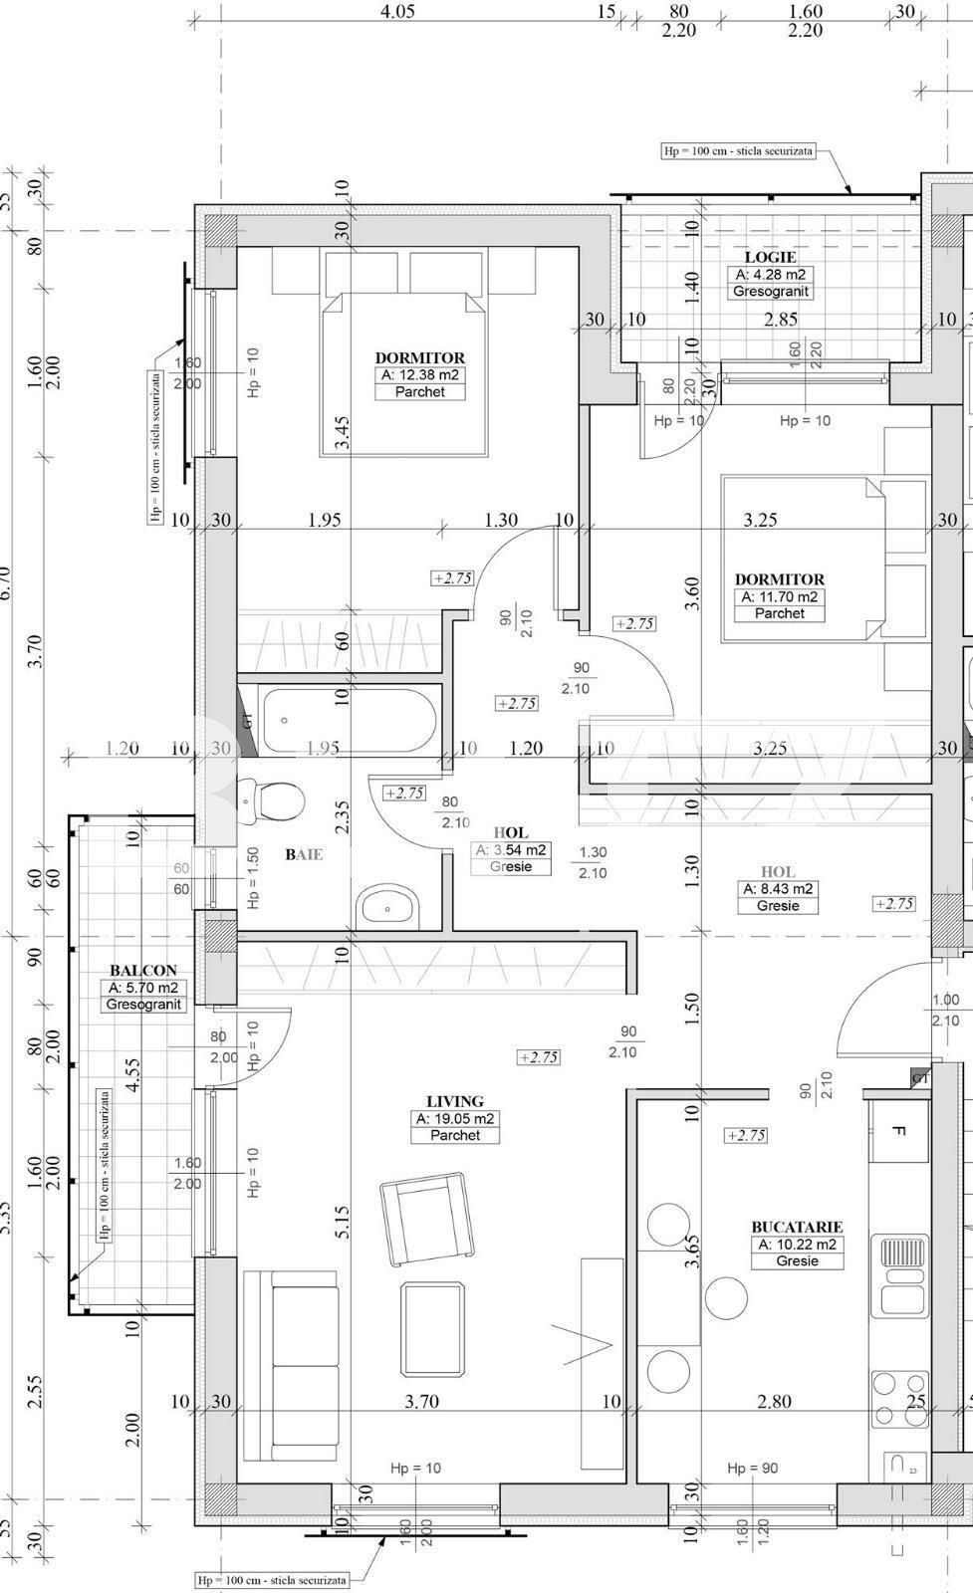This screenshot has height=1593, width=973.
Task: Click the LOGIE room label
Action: pyautogui.click(x=771, y=257)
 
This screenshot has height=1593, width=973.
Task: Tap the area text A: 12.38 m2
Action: pyautogui.click(x=420, y=375)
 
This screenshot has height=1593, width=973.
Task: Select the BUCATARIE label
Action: pyautogui.click(x=797, y=1228)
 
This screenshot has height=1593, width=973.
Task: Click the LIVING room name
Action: pyautogui.click(x=455, y=1101)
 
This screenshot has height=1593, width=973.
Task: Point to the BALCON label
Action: pyautogui.click(x=143, y=970)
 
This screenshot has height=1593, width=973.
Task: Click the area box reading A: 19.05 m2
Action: pyautogui.click(x=455, y=1119)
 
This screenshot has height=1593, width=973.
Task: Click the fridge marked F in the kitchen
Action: pyautogui.click(x=898, y=1131)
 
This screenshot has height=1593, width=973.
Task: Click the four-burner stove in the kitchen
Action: pyautogui.click(x=898, y=1399)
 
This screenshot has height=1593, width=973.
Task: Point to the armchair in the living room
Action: pyautogui.click(x=425, y=1218)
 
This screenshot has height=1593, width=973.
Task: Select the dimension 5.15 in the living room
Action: pyautogui.click(x=342, y=1222)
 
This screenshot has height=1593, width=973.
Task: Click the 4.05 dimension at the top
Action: pyautogui.click(x=397, y=12)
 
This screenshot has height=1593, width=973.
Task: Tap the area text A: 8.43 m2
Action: pyautogui.click(x=778, y=889)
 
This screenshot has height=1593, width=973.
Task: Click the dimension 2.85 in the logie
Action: pyautogui.click(x=781, y=320)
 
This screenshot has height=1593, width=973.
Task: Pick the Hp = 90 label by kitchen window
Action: pyautogui.click(x=752, y=1468)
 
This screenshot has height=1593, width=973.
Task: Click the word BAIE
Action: pyautogui.click(x=304, y=853)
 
